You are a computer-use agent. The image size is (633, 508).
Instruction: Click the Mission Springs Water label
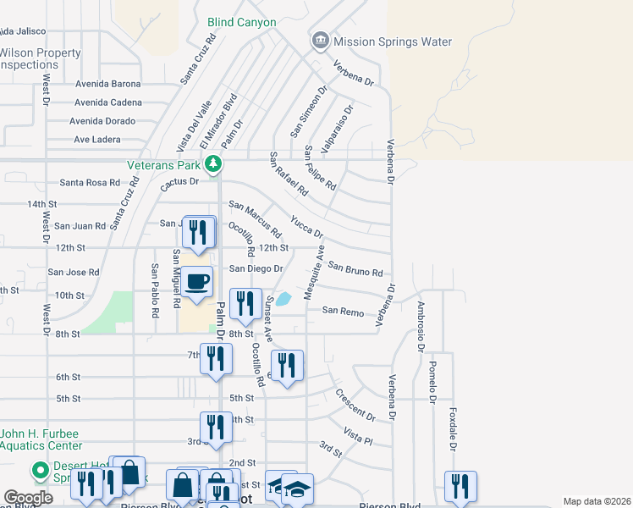(x=393, y=41)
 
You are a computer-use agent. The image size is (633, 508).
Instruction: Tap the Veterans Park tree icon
(x=215, y=163)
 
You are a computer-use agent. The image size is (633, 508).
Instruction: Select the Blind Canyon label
(x=241, y=22)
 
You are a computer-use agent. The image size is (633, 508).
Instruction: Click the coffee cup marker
(x=197, y=282)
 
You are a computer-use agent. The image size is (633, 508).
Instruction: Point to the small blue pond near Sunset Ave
(x=283, y=298)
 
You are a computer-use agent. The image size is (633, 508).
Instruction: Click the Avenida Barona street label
(x=108, y=84)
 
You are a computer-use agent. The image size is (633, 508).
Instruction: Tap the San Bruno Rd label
(x=355, y=268)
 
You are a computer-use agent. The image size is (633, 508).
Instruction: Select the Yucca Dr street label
(x=306, y=226)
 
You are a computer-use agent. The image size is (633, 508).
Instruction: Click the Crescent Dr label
(x=355, y=405)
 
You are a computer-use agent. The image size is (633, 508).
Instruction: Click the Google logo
(x=28, y=498)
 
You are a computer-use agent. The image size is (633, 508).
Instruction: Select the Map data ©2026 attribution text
(x=597, y=501)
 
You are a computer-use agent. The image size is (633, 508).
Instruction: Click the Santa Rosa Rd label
(x=90, y=182)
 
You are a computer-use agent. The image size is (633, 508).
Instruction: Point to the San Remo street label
(x=343, y=312)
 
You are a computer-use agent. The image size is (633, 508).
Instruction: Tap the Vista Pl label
(x=358, y=436)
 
